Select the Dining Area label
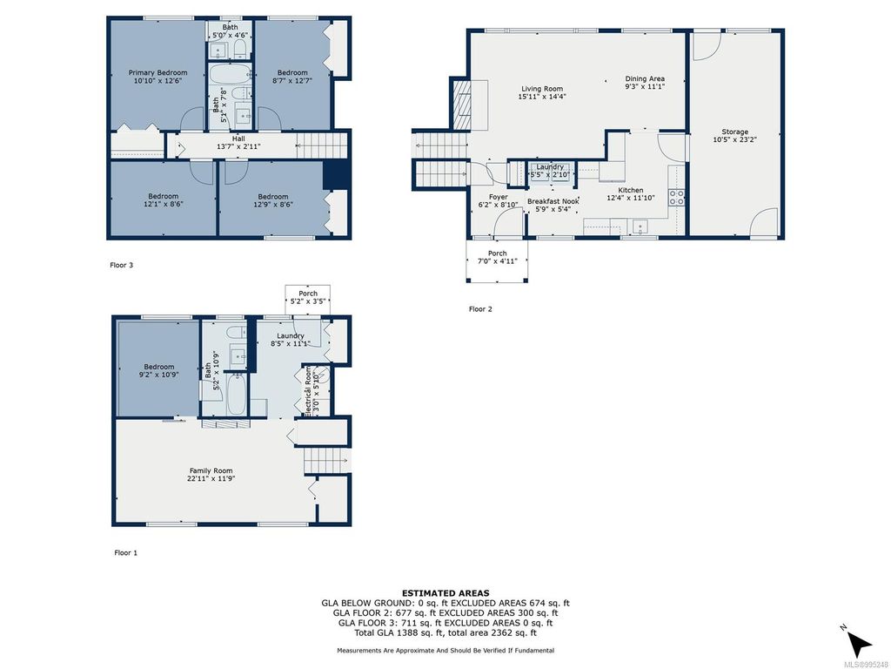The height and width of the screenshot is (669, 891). tap(645, 84)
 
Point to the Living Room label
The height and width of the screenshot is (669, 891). tap(542, 93)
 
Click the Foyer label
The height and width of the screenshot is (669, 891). tap(499, 201)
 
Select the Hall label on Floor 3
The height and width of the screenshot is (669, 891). tap(238, 143)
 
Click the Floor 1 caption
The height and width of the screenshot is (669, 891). tap(126, 552)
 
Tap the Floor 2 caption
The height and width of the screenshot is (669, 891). tap(480, 309)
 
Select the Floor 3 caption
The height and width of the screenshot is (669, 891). tap(121, 265)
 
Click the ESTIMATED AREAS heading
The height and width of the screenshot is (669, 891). tap(445, 593)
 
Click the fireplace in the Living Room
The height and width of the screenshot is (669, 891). tap(461, 98)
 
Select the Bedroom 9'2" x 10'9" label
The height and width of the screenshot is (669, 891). tap(159, 372)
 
